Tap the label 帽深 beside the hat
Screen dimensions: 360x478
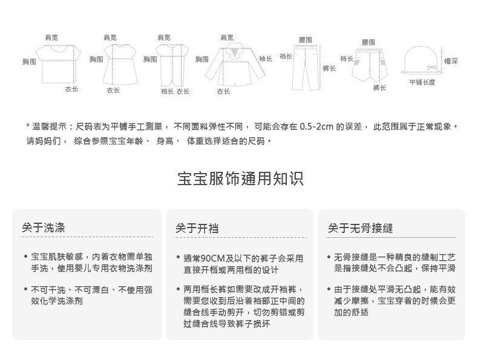click(x=451, y=61)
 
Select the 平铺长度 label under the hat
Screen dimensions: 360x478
click(x=422, y=82)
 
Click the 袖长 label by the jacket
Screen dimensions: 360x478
click(x=266, y=59)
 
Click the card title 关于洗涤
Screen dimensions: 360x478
click(x=44, y=228)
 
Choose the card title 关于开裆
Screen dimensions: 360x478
click(x=197, y=228)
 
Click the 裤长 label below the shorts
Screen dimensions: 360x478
click(x=379, y=88)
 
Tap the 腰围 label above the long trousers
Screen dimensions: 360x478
click(x=306, y=39)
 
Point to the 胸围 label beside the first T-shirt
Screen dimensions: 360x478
click(x=29, y=62)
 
